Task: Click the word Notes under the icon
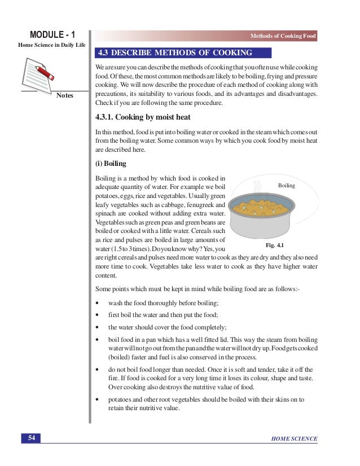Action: (x=65, y=96)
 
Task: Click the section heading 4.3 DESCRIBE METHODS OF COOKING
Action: (x=174, y=54)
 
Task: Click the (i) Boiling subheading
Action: (x=111, y=164)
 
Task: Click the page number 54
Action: (x=32, y=438)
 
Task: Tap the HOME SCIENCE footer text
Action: (x=294, y=439)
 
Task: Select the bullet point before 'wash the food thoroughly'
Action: (x=98, y=303)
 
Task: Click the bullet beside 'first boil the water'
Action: (x=98, y=315)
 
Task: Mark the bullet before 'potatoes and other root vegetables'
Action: (x=98, y=399)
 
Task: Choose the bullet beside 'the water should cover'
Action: (x=98, y=327)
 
